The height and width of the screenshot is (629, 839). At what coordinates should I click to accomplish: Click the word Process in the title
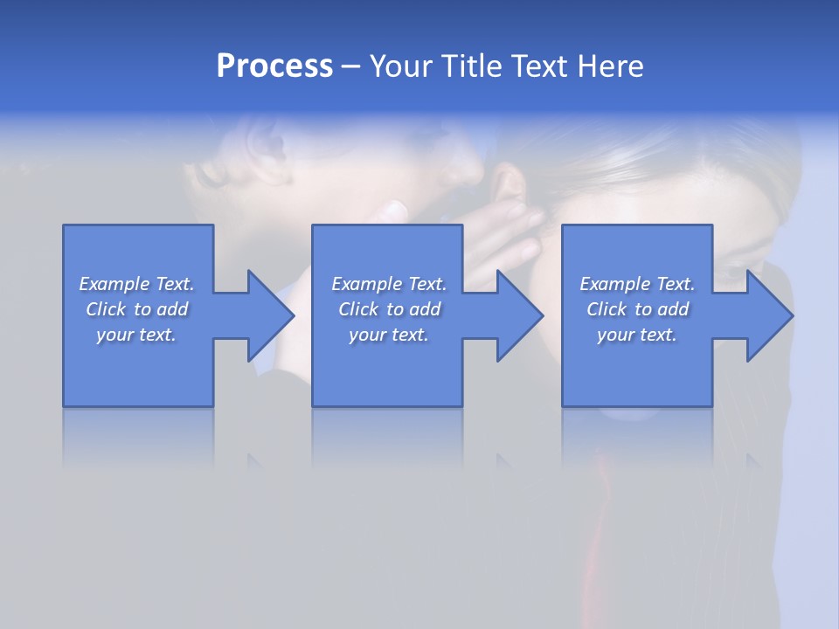pyautogui.click(x=274, y=66)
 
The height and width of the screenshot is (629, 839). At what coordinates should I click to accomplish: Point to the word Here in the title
pyautogui.click(x=611, y=66)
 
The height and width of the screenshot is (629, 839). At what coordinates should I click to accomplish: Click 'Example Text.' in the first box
pyautogui.click(x=136, y=284)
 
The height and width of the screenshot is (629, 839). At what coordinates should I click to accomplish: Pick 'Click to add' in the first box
pyautogui.click(x=136, y=309)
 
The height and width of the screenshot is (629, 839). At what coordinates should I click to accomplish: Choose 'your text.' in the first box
pyautogui.click(x=136, y=335)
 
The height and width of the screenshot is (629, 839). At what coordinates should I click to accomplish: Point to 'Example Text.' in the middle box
pyautogui.click(x=388, y=284)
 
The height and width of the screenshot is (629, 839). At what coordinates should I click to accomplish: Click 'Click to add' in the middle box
pyautogui.click(x=388, y=309)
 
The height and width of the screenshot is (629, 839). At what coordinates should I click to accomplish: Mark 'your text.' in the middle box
pyautogui.click(x=388, y=335)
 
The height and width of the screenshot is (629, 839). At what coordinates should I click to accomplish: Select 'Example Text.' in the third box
pyautogui.click(x=637, y=284)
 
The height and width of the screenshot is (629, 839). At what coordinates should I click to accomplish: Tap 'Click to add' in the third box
pyautogui.click(x=637, y=309)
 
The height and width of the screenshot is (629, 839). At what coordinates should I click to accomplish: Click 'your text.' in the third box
pyautogui.click(x=637, y=335)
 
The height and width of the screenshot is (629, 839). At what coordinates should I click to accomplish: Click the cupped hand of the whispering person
pyautogui.click(x=498, y=236)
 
